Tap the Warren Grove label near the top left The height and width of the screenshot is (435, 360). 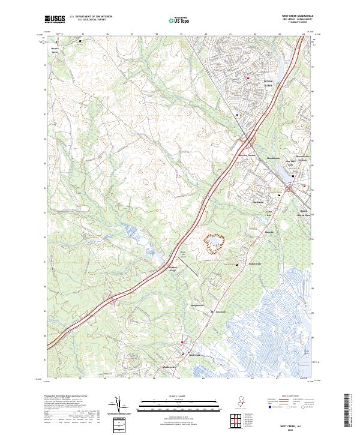click(x=55, y=50)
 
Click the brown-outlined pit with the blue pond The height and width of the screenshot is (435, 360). click(x=215, y=242)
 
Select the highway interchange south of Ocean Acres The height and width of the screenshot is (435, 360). click(x=247, y=142)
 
